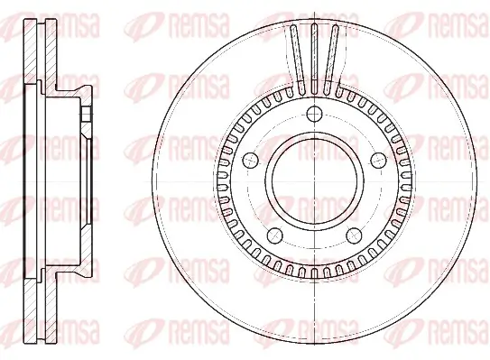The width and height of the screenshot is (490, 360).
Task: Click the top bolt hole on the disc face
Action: click(313, 114)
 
